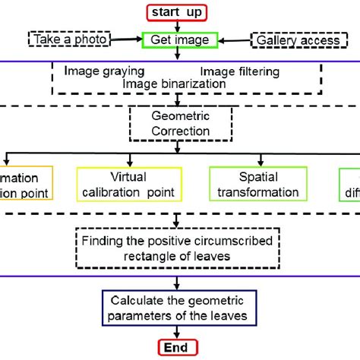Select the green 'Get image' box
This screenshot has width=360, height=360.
click(180, 39)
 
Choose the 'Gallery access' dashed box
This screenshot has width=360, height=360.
click(295, 39)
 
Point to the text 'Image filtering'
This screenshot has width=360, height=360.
click(241, 71)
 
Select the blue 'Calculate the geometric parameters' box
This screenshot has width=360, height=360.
click(179, 306)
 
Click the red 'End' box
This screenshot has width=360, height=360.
click(178, 348)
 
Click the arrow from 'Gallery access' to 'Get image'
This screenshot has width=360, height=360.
click(236, 39)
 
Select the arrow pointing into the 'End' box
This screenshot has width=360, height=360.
click(178, 332)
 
